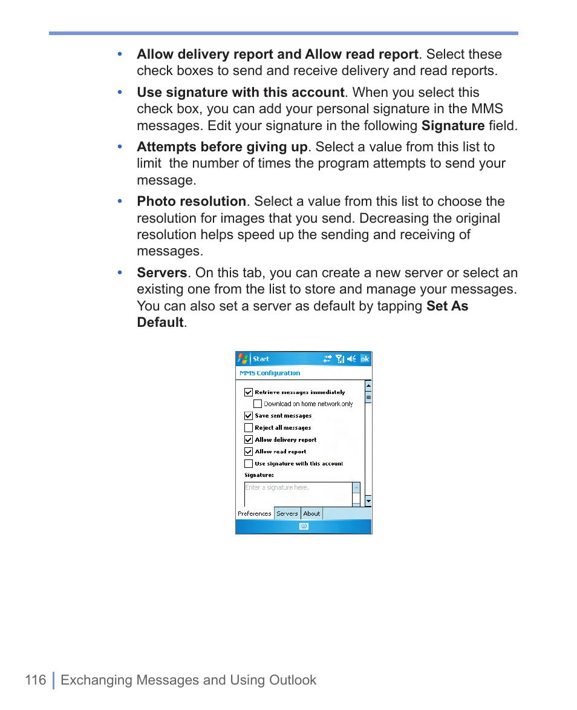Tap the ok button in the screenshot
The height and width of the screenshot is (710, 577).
tap(365, 359)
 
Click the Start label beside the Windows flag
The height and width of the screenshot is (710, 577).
tap(261, 359)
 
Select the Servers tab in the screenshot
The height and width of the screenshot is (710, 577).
tap(287, 514)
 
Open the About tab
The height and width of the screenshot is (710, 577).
tap(311, 514)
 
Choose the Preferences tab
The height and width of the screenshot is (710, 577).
tap(255, 514)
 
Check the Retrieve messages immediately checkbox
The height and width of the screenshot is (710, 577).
tap(249, 392)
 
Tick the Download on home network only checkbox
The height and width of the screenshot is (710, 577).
tap(258, 404)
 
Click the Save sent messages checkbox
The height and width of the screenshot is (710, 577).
tap(249, 416)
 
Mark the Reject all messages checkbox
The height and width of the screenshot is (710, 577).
tap(249, 428)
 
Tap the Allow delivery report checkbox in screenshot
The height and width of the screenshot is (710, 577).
tap(249, 440)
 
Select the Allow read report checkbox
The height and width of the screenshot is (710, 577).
tap(249, 452)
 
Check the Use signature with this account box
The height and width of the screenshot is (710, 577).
tap(249, 464)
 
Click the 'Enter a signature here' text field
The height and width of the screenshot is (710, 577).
tap(297, 493)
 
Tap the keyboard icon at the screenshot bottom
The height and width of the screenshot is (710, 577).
tap(304, 527)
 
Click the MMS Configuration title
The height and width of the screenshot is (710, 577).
tap(270, 373)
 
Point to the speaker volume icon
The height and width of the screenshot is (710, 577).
tap(351, 359)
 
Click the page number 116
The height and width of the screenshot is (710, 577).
tap(36, 680)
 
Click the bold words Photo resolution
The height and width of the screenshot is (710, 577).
tap(191, 202)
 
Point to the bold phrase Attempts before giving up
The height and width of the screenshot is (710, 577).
tap(222, 147)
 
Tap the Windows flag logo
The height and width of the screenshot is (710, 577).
tap(243, 359)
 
